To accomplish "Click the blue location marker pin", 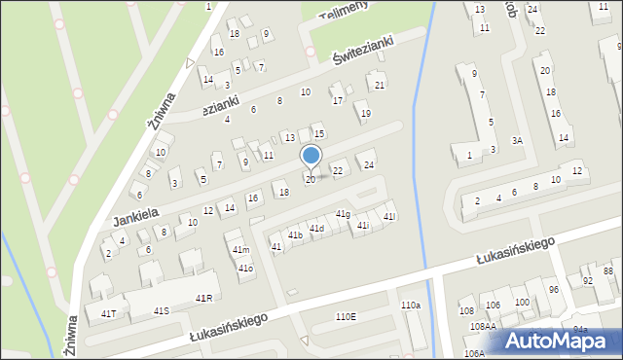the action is (311, 157).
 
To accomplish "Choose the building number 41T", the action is (108, 313).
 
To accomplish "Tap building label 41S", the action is (162, 310).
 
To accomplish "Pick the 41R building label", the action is (203, 297).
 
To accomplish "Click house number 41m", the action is (240, 250).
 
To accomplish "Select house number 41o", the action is (245, 268).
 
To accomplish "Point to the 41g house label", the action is (343, 214).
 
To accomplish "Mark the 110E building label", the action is (346, 316).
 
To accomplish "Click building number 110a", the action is (411, 306).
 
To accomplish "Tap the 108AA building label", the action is (483, 327).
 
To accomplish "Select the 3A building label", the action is (518, 141).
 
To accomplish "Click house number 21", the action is (380, 86).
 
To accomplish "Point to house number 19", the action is (365, 114).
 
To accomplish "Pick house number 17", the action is (337, 100).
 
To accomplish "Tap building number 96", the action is (553, 290).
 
